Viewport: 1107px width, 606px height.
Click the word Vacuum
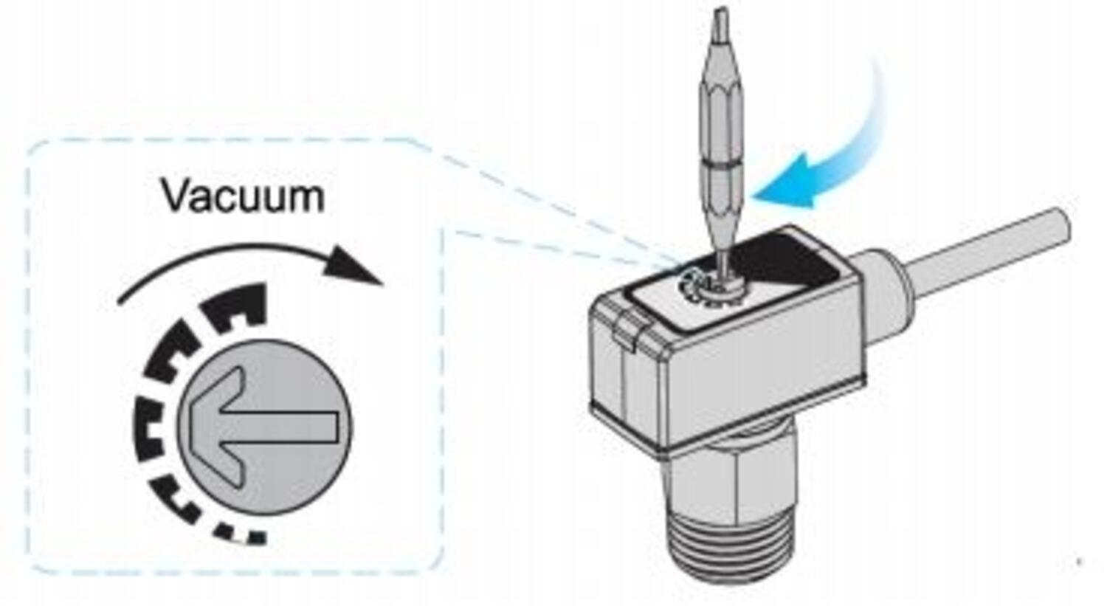pyautogui.click(x=243, y=196)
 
